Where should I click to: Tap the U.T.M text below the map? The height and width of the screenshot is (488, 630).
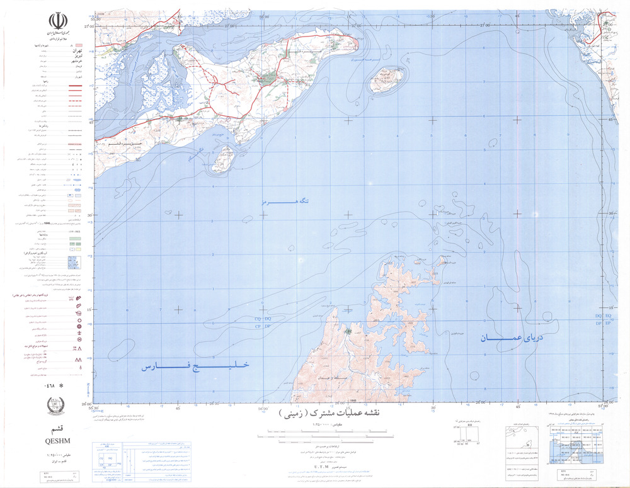click(321, 467)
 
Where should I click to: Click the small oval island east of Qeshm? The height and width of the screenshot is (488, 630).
click(386, 79)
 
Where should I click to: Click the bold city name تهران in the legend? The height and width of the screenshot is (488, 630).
click(55, 47)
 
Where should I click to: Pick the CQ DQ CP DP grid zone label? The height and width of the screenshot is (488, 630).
click(262, 324)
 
